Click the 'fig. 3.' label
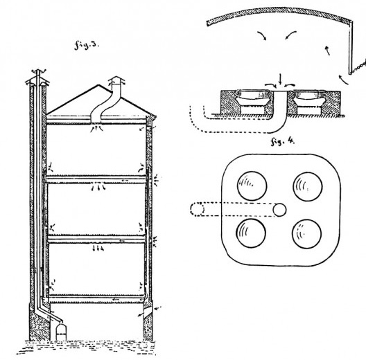click(x=87, y=45)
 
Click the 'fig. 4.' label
click(x=282, y=141)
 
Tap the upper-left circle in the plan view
click(x=252, y=186)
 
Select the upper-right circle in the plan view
click(x=308, y=186)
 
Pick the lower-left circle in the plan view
click(x=251, y=233)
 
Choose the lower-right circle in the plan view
click(x=306, y=233)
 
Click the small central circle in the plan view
click(x=279, y=210)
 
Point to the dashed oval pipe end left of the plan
click(x=198, y=209)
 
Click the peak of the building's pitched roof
click(x=98, y=85)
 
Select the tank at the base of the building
click(x=61, y=331)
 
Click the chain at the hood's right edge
click(x=358, y=68)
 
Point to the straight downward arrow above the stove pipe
click(x=280, y=80)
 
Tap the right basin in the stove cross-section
click(x=308, y=97)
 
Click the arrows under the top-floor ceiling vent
click(x=96, y=128)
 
